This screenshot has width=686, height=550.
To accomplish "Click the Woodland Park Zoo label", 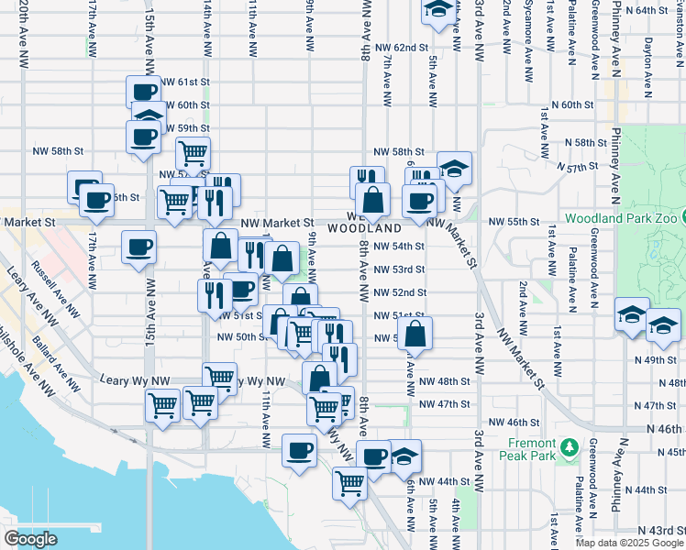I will click(x=624, y=219).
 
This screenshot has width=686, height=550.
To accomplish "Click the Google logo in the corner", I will click(x=30, y=539).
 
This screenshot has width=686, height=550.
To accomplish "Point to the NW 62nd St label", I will click(x=402, y=47).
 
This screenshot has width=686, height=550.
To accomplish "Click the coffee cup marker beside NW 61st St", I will click(x=143, y=92).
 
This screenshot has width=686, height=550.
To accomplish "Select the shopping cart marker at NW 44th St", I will click(x=349, y=480).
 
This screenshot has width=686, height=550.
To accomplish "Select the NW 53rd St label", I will click(x=399, y=269).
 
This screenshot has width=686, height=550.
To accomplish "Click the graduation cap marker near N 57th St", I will click(x=454, y=168).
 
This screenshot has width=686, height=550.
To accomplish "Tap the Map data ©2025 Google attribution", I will click(x=629, y=543).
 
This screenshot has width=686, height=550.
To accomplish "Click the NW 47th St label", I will click(x=444, y=404).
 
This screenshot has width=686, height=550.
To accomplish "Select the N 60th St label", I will click(x=573, y=105).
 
